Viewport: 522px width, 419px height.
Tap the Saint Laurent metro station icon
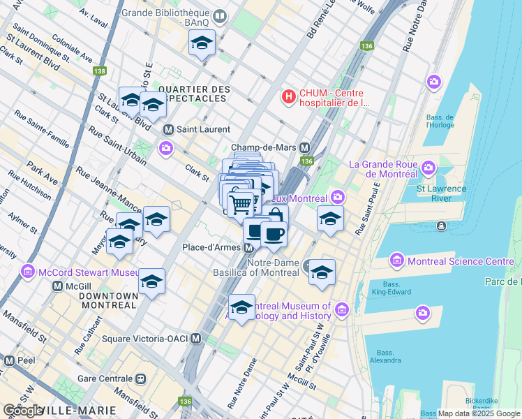167,130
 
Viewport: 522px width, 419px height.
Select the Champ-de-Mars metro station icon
304,148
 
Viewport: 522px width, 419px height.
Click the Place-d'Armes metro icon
248,248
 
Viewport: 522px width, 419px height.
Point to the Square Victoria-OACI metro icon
196,339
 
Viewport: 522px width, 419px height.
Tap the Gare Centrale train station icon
141,379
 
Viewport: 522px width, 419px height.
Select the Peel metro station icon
9,361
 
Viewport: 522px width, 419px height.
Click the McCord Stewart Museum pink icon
28,270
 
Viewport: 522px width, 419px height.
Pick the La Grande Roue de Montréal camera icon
427,168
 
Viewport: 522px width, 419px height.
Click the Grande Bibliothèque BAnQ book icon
221,16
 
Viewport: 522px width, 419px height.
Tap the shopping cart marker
241,204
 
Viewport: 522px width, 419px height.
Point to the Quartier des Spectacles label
194,94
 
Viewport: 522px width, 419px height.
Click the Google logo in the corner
22,411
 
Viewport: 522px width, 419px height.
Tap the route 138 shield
100,71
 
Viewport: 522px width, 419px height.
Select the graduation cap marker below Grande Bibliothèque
202,43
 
